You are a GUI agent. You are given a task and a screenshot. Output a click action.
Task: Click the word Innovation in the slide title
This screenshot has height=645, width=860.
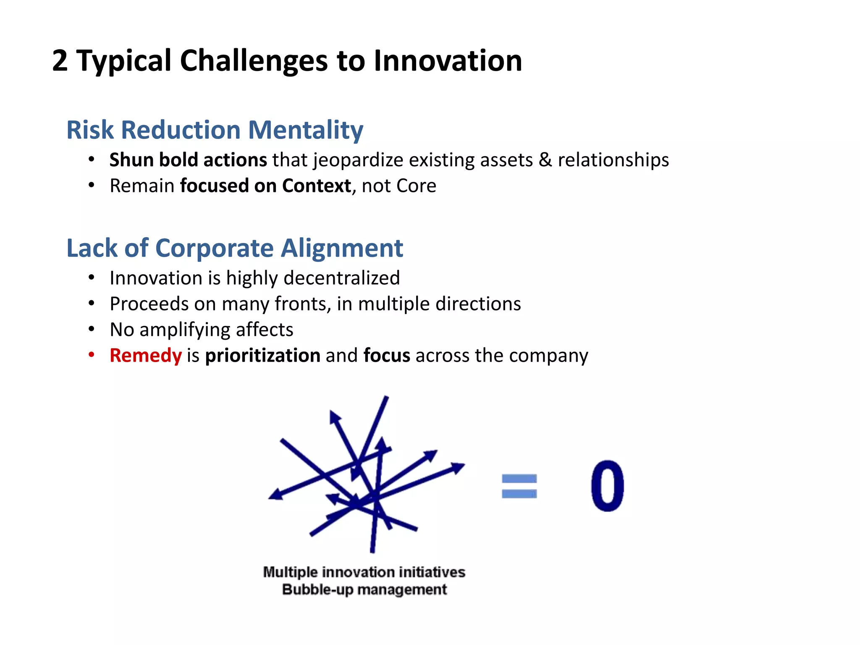(x=448, y=61)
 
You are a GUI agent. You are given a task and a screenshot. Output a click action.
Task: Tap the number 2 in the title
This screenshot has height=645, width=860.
(x=60, y=61)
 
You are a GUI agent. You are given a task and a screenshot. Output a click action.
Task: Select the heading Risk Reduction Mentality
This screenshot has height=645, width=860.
(x=215, y=130)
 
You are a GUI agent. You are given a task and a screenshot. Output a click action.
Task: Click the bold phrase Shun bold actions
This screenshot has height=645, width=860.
(x=188, y=160)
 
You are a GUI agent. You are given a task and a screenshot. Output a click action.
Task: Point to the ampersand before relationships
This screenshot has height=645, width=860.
(x=545, y=160)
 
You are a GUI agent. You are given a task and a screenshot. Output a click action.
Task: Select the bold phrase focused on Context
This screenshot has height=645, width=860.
(x=265, y=186)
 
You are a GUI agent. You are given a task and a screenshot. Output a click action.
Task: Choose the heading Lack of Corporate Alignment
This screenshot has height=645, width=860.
(x=235, y=248)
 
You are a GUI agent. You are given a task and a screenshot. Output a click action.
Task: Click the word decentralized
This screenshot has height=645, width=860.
(x=342, y=278)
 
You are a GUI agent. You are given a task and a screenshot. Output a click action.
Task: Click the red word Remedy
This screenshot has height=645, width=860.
(x=146, y=356)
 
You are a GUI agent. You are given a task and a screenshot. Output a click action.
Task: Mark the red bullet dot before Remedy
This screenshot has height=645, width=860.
(x=92, y=355)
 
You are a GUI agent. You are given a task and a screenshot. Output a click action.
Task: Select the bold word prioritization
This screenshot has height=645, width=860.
(x=263, y=356)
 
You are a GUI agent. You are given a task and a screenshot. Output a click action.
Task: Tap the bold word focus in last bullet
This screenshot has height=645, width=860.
(x=387, y=356)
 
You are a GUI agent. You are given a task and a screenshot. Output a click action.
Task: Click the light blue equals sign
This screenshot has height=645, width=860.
(x=519, y=486)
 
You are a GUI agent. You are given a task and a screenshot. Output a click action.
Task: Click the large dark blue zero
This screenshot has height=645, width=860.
(x=607, y=486)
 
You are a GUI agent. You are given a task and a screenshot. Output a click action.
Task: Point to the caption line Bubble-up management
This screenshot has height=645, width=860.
(x=364, y=590)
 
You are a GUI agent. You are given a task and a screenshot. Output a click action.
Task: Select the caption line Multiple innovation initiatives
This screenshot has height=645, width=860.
(x=364, y=572)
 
